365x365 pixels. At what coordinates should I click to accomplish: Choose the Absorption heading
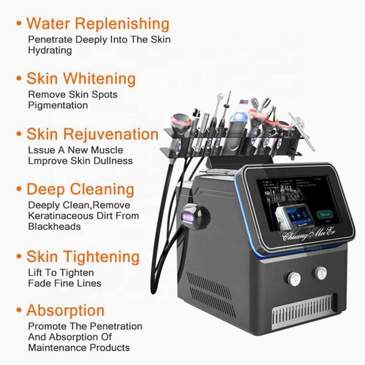point(66,310)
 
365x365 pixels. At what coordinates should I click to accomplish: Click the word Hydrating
point(50,50)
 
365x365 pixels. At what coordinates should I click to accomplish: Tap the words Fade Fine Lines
point(65,283)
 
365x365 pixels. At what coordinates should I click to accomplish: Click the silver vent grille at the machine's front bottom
point(305,313)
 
